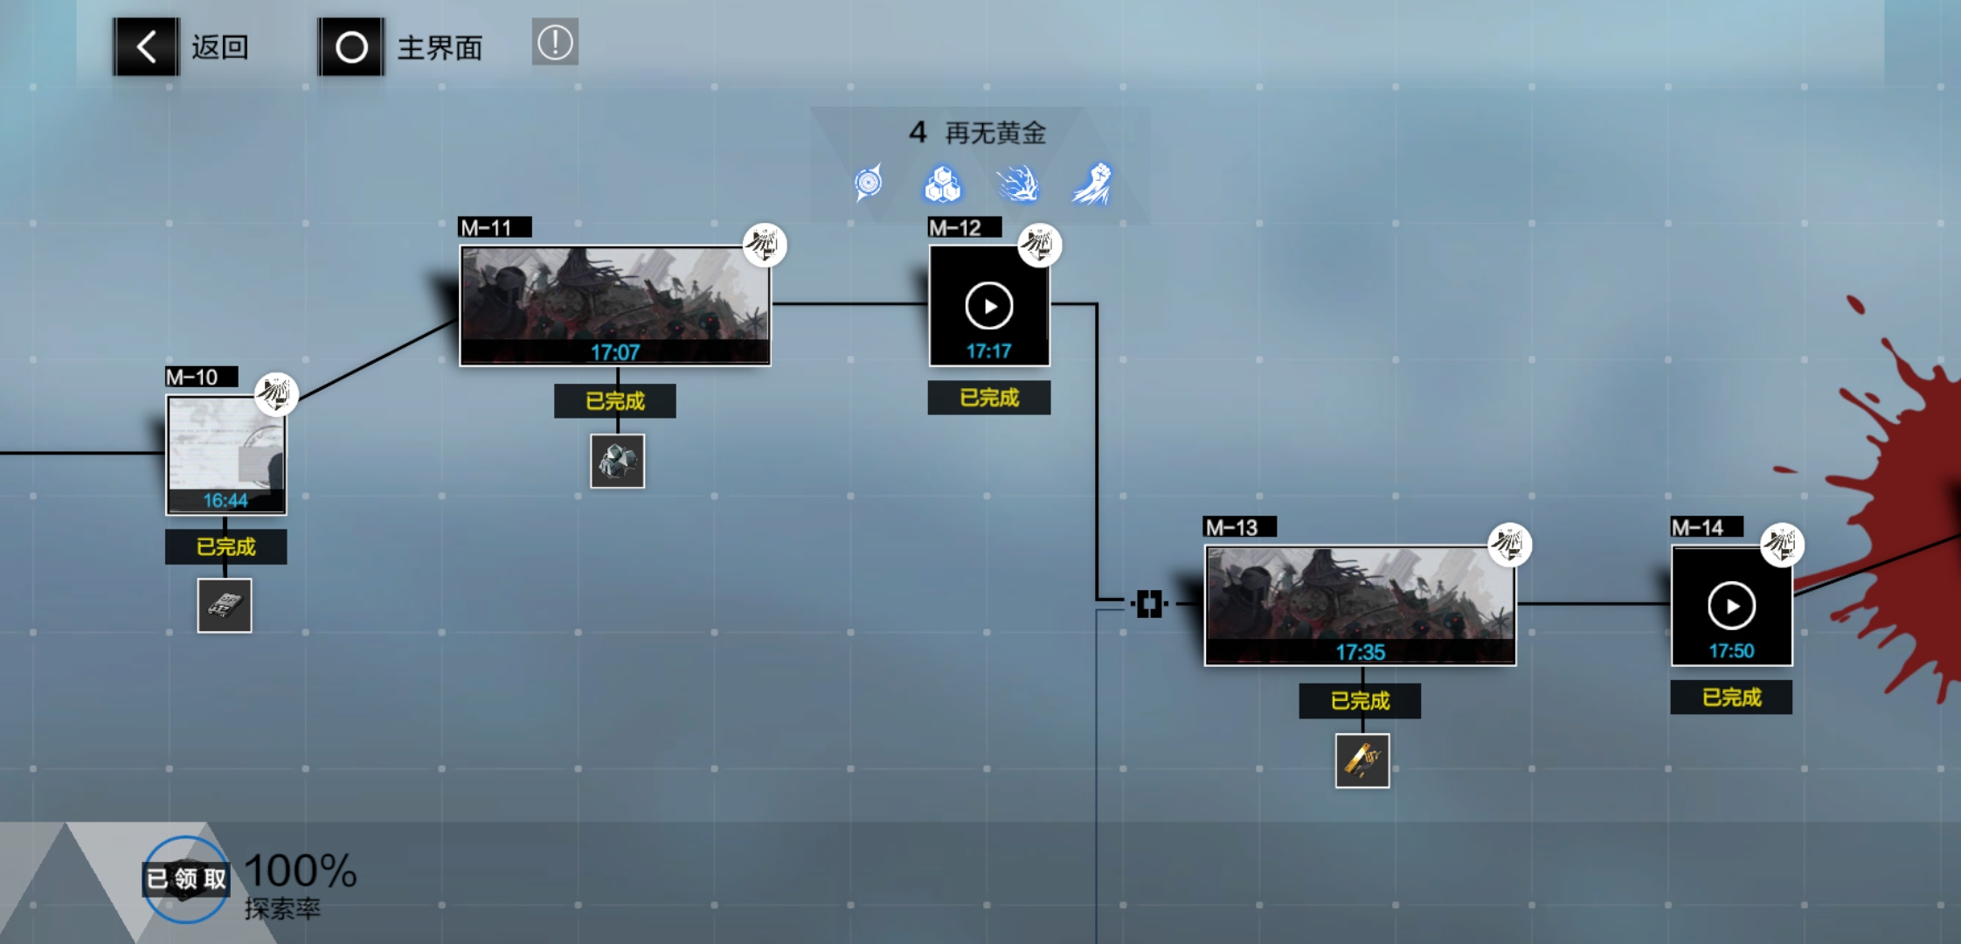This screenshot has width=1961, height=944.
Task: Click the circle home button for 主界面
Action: (x=351, y=46)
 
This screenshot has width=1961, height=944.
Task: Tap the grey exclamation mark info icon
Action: (x=555, y=42)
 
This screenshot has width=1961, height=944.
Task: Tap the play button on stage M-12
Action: (x=989, y=306)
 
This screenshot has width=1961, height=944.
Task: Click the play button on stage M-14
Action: (x=1731, y=606)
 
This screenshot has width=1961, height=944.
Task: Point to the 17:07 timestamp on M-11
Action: (x=615, y=352)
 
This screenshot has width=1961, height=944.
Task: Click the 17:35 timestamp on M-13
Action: (x=1361, y=652)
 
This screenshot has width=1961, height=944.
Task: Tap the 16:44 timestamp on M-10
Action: (x=225, y=501)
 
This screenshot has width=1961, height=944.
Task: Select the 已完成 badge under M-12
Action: (x=989, y=398)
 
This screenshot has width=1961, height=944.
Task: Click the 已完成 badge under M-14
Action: (x=1731, y=698)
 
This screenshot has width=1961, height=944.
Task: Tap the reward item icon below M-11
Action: (x=617, y=462)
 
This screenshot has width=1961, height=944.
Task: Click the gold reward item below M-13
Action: (x=1362, y=760)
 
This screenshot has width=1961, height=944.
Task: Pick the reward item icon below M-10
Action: (x=225, y=606)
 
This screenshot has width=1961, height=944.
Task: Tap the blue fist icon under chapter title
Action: (x=1092, y=184)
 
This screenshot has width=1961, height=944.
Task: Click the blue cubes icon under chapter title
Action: (x=943, y=184)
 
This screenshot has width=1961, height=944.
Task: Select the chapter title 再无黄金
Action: (x=995, y=133)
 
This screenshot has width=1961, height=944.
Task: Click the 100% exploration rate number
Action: (x=301, y=871)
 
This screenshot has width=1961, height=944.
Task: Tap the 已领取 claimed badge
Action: (x=186, y=878)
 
